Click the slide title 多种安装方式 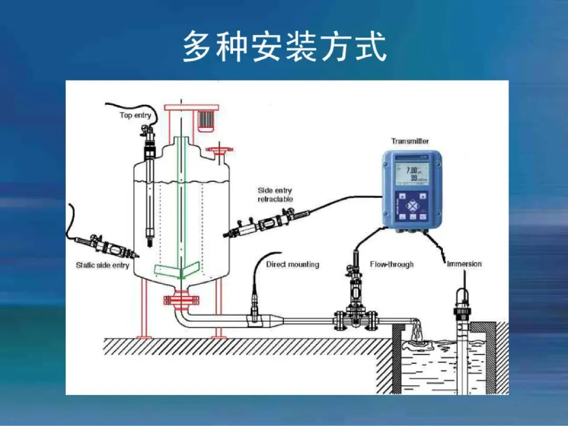click(x=285, y=47)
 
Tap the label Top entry click(x=135, y=115)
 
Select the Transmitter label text click(x=410, y=141)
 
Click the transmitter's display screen click(x=411, y=174)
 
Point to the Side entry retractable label click(x=275, y=195)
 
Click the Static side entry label click(x=103, y=265)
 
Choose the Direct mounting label click(x=292, y=264)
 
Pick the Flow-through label click(x=392, y=264)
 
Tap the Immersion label click(x=464, y=263)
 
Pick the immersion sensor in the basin click(x=462, y=337)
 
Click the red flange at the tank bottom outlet click(x=181, y=301)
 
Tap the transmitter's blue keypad click(x=412, y=206)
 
